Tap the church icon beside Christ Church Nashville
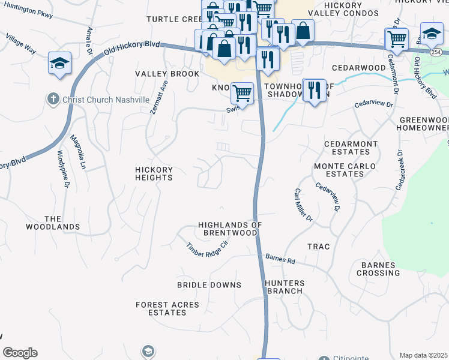click(53, 98)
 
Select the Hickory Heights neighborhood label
click(154, 173)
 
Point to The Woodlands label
click(53, 223)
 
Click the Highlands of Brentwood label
click(231, 229)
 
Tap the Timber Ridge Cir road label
click(208, 251)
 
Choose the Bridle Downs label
click(209, 285)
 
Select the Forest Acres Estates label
click(167, 308)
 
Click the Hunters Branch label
click(285, 287)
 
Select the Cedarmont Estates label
click(351, 148)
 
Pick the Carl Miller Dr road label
click(304, 205)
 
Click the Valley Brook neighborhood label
click(167, 74)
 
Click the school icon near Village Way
click(59, 64)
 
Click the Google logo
click(20, 353)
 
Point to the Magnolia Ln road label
click(77, 152)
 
